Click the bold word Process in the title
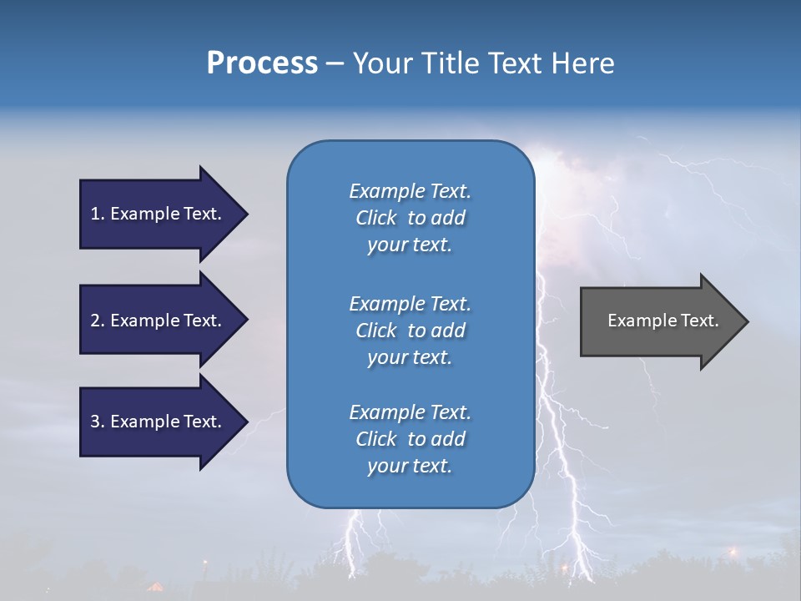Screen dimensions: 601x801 [262, 63]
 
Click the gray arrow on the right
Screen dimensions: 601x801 [659, 321]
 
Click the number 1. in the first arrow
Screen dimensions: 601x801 [98, 214]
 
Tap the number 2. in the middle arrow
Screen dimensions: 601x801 [98, 321]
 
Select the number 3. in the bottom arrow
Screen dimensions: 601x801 [98, 422]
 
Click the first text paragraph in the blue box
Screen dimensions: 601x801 [410, 218]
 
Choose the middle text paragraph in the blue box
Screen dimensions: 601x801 [410, 331]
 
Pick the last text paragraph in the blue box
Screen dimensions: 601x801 [410, 439]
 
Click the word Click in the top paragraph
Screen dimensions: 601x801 [376, 218]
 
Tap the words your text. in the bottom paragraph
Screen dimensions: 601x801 [410, 466]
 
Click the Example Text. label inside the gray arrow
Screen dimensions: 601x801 [662, 321]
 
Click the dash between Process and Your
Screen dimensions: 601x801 [335, 63]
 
